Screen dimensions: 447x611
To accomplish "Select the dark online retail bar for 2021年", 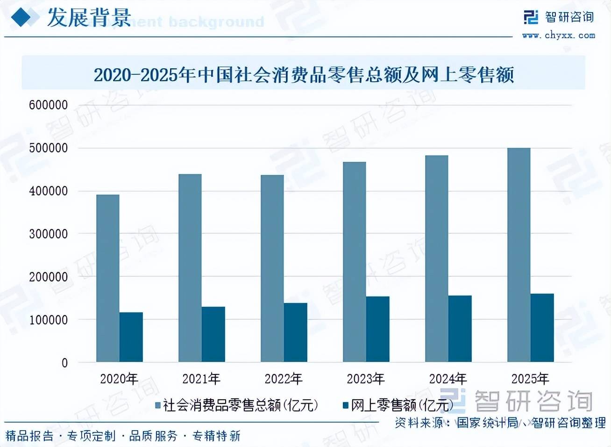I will click(x=213, y=334).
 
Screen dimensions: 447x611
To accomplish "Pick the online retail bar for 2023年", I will click(x=378, y=329).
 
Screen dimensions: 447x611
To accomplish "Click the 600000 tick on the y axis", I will click(x=48, y=105).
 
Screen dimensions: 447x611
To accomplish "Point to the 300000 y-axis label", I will click(x=48, y=234).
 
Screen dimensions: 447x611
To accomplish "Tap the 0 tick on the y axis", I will click(x=64, y=363).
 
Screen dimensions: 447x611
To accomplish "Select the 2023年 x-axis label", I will click(x=366, y=379).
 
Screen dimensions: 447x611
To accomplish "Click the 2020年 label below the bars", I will click(x=119, y=379).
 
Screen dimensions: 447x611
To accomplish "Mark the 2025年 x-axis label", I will click(x=530, y=379).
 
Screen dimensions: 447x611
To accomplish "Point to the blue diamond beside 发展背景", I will click(x=24, y=18).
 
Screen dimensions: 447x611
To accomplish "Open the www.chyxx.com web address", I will click(x=559, y=35).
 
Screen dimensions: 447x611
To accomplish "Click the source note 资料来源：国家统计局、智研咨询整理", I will click(x=500, y=423).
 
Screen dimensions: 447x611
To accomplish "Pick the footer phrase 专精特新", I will click(x=216, y=436).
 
